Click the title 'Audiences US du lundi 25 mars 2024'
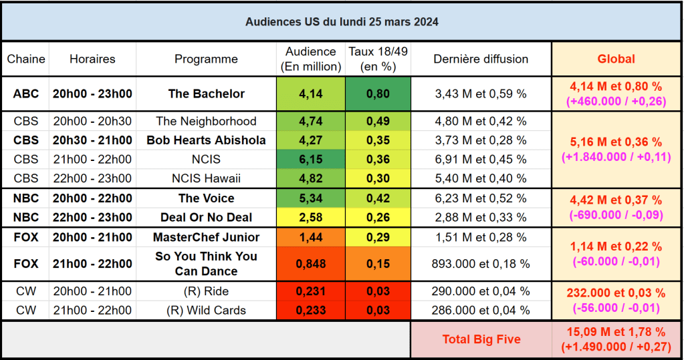click(342, 21)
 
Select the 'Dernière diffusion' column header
click(481, 59)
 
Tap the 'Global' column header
click(616, 59)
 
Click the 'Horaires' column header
click(92, 59)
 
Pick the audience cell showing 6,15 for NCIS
click(310, 160)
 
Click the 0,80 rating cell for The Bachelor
click(378, 94)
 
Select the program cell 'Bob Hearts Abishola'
click(206, 140)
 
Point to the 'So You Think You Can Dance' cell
click(206, 264)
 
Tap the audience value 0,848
click(310, 264)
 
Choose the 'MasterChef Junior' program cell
click(206, 237)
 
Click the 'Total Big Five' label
click(481, 339)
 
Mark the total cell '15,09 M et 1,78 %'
click(616, 339)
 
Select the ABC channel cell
click(25, 94)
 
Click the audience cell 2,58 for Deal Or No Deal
click(310, 217)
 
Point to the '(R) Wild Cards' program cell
click(206, 311)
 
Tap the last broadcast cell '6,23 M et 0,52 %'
click(481, 198)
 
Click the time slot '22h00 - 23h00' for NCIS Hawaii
click(92, 178)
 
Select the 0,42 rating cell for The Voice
click(378, 198)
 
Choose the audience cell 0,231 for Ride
click(310, 292)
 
